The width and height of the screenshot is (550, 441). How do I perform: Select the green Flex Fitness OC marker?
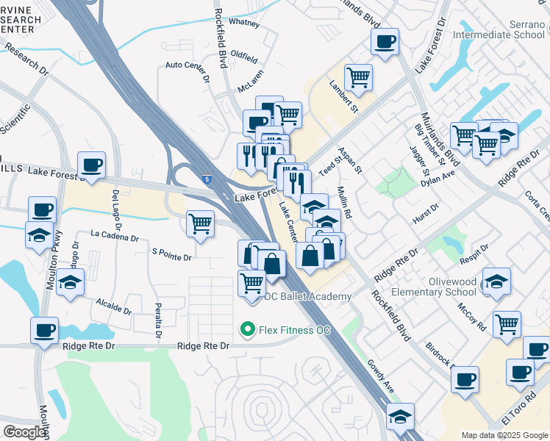click(x=248, y=330)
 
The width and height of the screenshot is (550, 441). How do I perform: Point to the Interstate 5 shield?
click(x=208, y=178)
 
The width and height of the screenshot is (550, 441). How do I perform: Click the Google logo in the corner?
click(x=24, y=432)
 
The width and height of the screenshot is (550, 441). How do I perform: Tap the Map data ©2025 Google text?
click(x=504, y=435)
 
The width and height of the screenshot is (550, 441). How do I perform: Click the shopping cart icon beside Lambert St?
click(x=358, y=76)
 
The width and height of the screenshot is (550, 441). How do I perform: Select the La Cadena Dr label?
click(x=114, y=237)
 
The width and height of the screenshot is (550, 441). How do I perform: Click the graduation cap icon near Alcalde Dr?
click(x=70, y=283)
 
